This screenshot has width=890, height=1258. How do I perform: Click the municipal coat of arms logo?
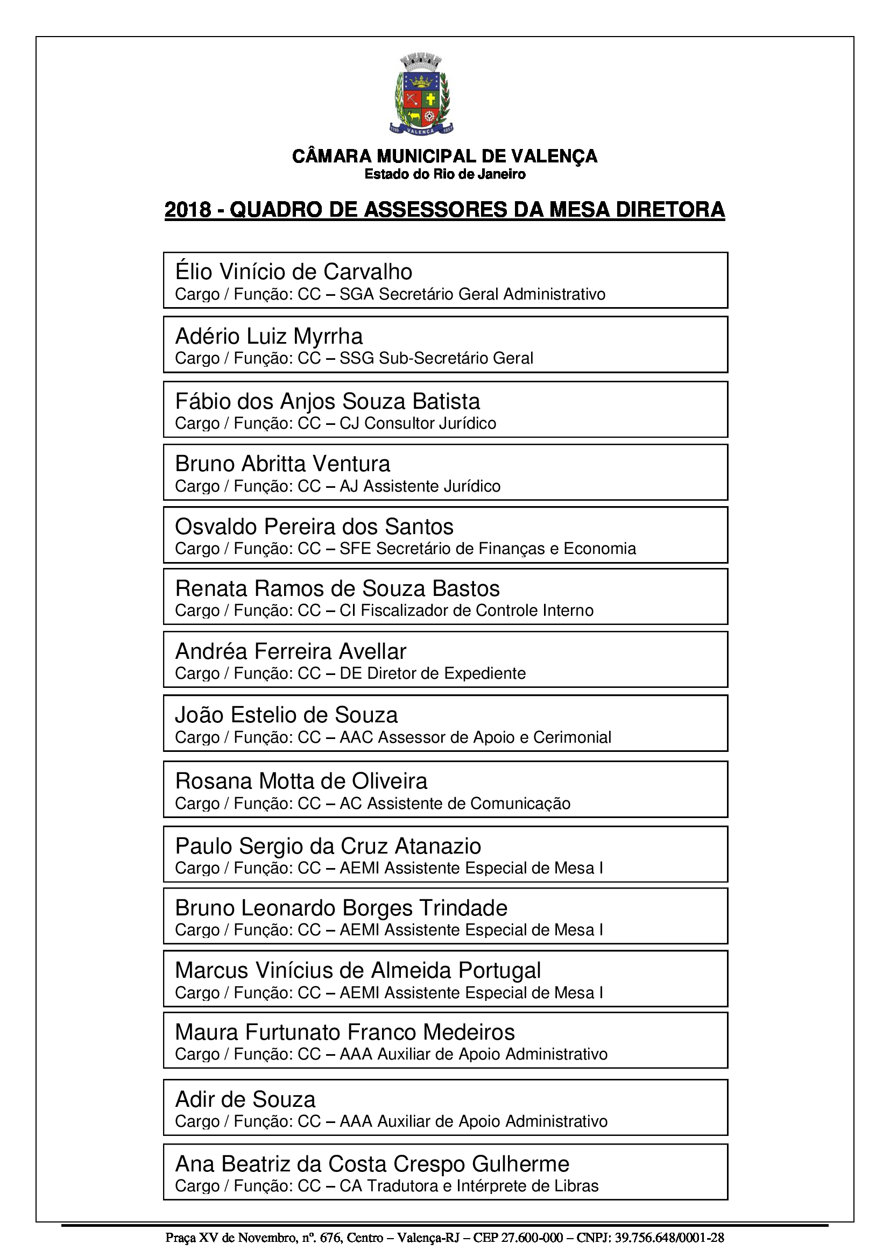point(421,94)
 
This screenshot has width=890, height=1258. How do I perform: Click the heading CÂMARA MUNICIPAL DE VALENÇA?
point(444,157)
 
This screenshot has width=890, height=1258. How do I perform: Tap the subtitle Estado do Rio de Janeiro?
point(444,174)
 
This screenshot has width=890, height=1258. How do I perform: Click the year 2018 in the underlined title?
point(188,210)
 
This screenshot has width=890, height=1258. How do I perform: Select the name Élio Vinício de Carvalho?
point(293,272)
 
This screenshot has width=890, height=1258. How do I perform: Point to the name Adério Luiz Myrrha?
point(269,336)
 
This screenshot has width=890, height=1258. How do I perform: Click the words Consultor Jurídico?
point(430,423)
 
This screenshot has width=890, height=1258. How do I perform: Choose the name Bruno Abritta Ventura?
point(282,464)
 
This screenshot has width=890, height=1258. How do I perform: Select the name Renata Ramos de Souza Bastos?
point(337,589)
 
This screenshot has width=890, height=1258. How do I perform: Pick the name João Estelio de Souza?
point(286,715)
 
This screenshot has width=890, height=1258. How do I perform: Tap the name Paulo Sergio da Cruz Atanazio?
point(328,847)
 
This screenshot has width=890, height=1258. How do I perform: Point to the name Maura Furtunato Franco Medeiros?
point(345,1033)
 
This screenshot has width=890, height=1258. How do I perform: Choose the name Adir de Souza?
point(245,1100)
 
